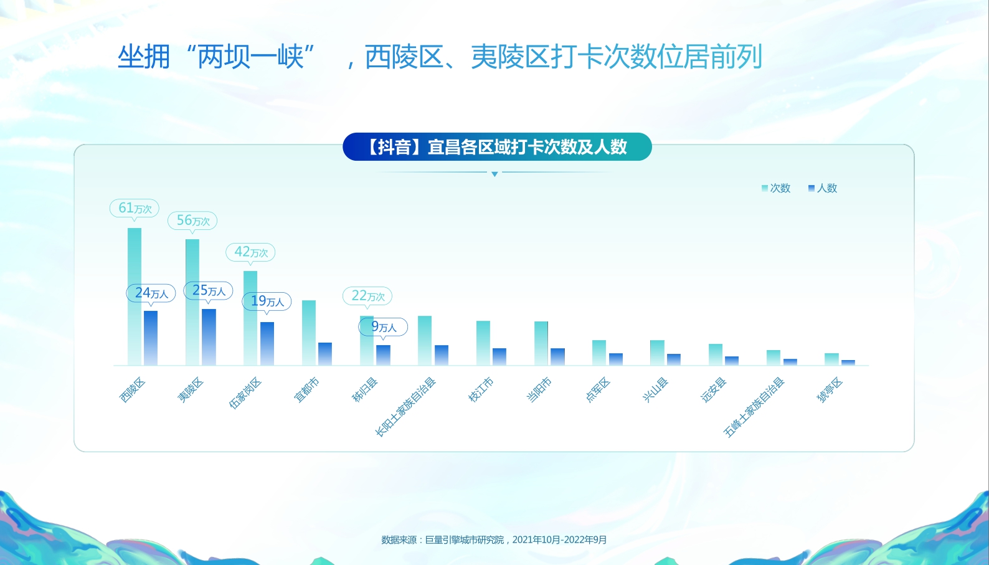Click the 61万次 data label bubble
pyautogui.click(x=135, y=208)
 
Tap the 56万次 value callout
pyautogui.click(x=192, y=221)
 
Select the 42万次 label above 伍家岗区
pyautogui.click(x=250, y=252)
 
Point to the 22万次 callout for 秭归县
pyautogui.click(x=367, y=296)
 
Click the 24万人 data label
pyautogui.click(x=151, y=293)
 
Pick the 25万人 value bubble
pyautogui.click(x=209, y=291)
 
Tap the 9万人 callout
pyautogui.click(x=384, y=326)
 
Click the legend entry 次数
pyautogui.click(x=776, y=188)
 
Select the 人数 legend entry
pyautogui.click(x=823, y=188)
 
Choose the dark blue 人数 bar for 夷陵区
pyautogui.click(x=209, y=336)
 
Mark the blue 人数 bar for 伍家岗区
pyautogui.click(x=267, y=343)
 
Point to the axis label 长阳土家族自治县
pyautogui.click(x=405, y=407)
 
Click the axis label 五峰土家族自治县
pyautogui.click(x=754, y=407)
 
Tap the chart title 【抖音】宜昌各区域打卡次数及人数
pyautogui.click(x=497, y=147)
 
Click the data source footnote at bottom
pyautogui.click(x=494, y=539)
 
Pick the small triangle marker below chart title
pyautogui.click(x=494, y=174)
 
